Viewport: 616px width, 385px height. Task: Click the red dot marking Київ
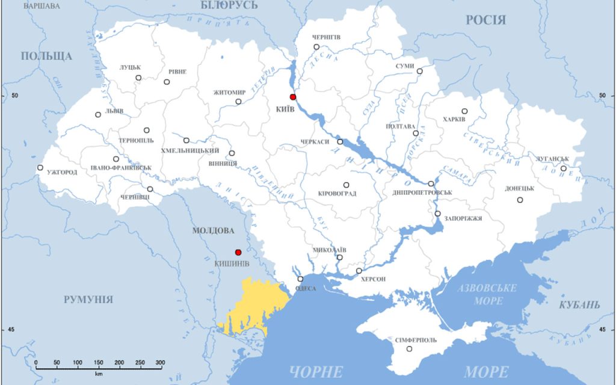[x=293, y=97]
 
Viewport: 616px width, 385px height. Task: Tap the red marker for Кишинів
[x=238, y=253]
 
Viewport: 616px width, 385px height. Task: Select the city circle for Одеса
[x=300, y=279]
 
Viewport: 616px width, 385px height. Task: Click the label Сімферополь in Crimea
[x=416, y=340]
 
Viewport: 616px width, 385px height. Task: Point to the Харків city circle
[x=464, y=111]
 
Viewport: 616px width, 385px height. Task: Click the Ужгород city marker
[x=40, y=168]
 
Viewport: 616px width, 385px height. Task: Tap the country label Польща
[x=46, y=57]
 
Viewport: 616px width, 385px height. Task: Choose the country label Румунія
[x=88, y=300]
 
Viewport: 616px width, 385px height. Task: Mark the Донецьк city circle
[x=520, y=200]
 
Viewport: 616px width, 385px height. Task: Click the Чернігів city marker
[x=316, y=47]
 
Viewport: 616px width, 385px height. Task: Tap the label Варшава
[x=42, y=6]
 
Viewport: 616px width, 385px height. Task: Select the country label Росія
[x=485, y=20]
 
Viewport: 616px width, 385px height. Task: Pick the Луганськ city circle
[x=564, y=168]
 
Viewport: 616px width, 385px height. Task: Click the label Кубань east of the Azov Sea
[x=579, y=304]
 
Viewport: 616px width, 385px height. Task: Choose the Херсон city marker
[x=359, y=271]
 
